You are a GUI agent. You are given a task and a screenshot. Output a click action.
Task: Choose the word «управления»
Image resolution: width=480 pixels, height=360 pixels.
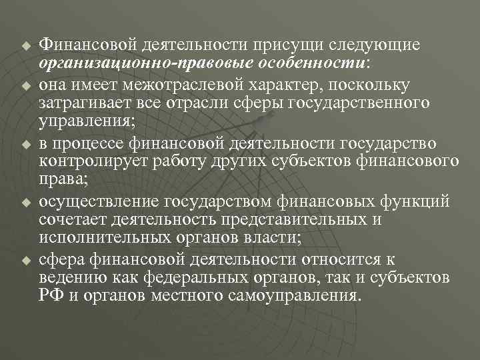[91, 122]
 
